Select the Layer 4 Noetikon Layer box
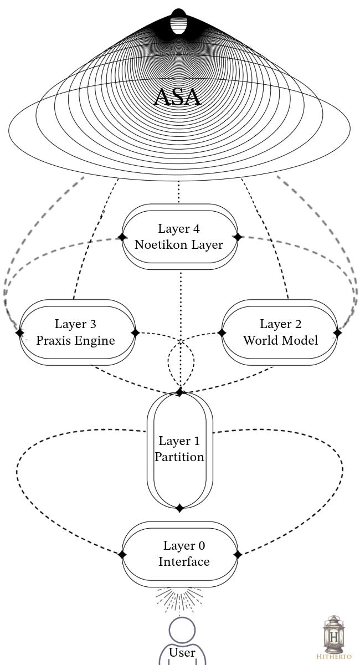[x=179, y=237]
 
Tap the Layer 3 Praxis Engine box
[x=76, y=332]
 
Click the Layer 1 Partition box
[x=179, y=449]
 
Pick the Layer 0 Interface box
[x=179, y=554]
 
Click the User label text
[x=182, y=652]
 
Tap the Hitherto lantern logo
[x=334, y=637]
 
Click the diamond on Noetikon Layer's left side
[x=121, y=237]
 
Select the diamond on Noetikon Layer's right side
[x=238, y=237]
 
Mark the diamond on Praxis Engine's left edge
[x=20, y=333]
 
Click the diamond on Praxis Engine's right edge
[x=135, y=333]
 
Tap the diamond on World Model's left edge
[x=222, y=333]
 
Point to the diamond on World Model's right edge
[x=337, y=333]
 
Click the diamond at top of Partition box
[x=179, y=392]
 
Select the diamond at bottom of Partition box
[x=179, y=508]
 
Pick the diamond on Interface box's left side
[x=122, y=554]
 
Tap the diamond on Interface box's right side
[x=238, y=554]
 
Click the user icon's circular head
[x=182, y=631]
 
